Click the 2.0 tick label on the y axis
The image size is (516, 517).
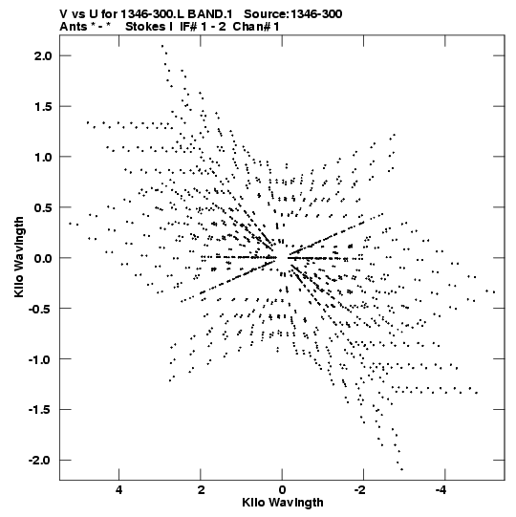(x=43, y=55)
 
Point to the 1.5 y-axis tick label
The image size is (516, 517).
(x=43, y=106)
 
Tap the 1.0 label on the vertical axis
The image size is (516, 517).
(x=43, y=157)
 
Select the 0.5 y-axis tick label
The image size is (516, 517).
(x=43, y=207)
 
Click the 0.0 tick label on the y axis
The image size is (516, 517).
(x=43, y=258)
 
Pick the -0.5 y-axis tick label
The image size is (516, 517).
(x=40, y=309)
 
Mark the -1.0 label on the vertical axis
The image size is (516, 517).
(x=40, y=359)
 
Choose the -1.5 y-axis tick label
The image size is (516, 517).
(x=40, y=410)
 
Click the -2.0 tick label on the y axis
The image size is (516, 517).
(x=40, y=461)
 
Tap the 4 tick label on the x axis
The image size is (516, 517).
(x=119, y=490)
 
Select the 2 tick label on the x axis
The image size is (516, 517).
(x=201, y=490)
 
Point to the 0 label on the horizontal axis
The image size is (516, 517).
(x=282, y=490)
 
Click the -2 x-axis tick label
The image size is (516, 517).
(x=360, y=490)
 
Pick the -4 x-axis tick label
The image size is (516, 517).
(x=441, y=490)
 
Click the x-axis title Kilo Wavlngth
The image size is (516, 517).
(x=283, y=503)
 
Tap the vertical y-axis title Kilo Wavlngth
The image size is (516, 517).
(x=19, y=257)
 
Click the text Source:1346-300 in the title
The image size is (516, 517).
(x=292, y=14)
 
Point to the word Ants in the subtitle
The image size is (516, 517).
(x=74, y=27)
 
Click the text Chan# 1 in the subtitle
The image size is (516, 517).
(x=256, y=27)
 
